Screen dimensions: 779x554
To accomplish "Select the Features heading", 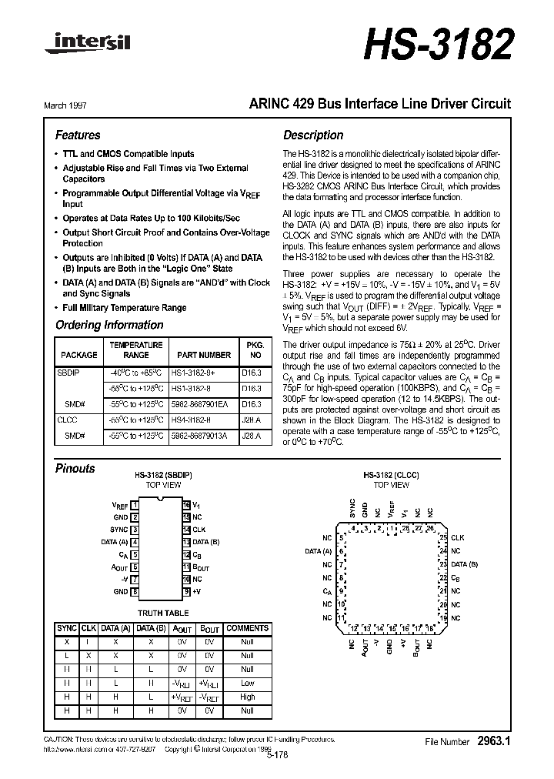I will click(78, 135).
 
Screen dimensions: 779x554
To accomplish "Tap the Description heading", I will click(313, 135).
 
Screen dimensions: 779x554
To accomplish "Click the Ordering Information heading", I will click(109, 325).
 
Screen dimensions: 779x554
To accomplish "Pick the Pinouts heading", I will click(75, 468).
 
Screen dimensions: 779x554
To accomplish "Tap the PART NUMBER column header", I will click(203, 355).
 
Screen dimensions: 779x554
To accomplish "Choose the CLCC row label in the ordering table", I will click(68, 420).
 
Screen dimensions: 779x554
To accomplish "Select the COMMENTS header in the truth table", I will click(247, 629).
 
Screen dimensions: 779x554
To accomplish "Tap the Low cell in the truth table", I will click(247, 683).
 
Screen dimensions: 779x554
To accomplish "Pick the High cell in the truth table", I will click(247, 697).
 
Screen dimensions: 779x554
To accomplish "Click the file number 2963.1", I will click(494, 741).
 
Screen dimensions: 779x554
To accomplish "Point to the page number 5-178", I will click(276, 756).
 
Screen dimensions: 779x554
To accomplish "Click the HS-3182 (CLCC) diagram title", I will click(390, 476).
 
